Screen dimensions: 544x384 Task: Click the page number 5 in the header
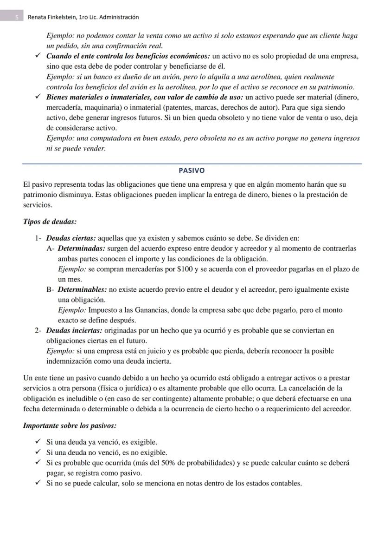pos(17,17)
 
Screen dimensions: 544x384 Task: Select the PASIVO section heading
pos(192,170)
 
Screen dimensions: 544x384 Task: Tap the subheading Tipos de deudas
pos(50,222)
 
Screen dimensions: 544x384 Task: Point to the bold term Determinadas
pos(81,249)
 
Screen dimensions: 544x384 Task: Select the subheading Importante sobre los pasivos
pos(70,425)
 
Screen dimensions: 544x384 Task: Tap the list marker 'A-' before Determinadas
pos(51,249)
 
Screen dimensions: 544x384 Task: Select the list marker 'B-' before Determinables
pos(51,289)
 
